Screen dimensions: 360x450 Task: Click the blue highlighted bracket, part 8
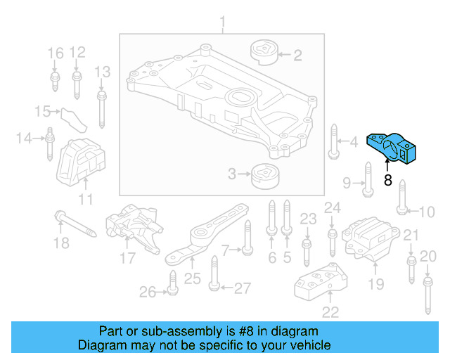394,146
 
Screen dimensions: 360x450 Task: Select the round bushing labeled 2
264,53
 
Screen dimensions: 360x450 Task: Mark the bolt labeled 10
401,196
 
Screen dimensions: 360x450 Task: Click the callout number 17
127,257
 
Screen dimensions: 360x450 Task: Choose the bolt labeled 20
427,295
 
